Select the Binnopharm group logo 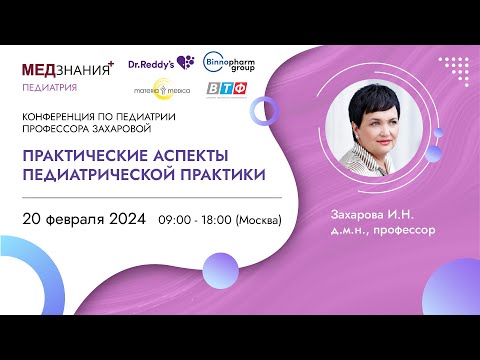tap(229, 62)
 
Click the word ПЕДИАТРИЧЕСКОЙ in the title tap(108, 174)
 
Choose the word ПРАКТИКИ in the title tap(232, 174)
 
